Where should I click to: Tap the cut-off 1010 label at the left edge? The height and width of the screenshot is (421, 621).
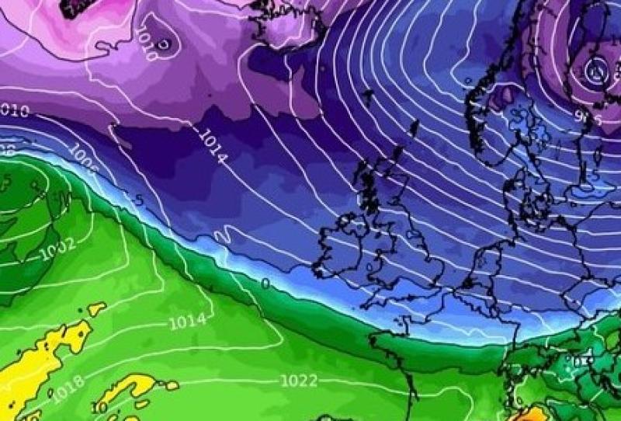click(x=14, y=111)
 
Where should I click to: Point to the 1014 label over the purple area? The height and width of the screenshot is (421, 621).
click(x=212, y=146)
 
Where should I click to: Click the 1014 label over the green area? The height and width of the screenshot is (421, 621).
click(x=187, y=320)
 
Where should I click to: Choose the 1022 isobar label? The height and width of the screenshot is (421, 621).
click(x=300, y=380)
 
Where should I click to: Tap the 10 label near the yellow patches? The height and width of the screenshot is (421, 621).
click(x=100, y=407)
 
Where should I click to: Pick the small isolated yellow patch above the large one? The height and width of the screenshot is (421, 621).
click(x=96, y=309)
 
